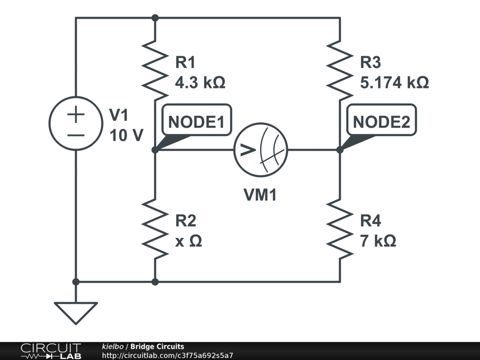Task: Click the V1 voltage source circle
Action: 76,123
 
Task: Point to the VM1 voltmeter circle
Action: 261,150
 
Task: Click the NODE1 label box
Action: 196,122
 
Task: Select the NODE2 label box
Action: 381,122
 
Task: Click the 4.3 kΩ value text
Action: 200,83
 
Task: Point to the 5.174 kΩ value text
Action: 394,83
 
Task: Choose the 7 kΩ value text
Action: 378,241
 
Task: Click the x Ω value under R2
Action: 188,241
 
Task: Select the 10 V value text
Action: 127,135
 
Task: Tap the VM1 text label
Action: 260,195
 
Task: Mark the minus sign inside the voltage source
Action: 76,135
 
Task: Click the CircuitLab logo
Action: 50,351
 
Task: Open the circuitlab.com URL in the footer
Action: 167,356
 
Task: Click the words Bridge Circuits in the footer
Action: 157,346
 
